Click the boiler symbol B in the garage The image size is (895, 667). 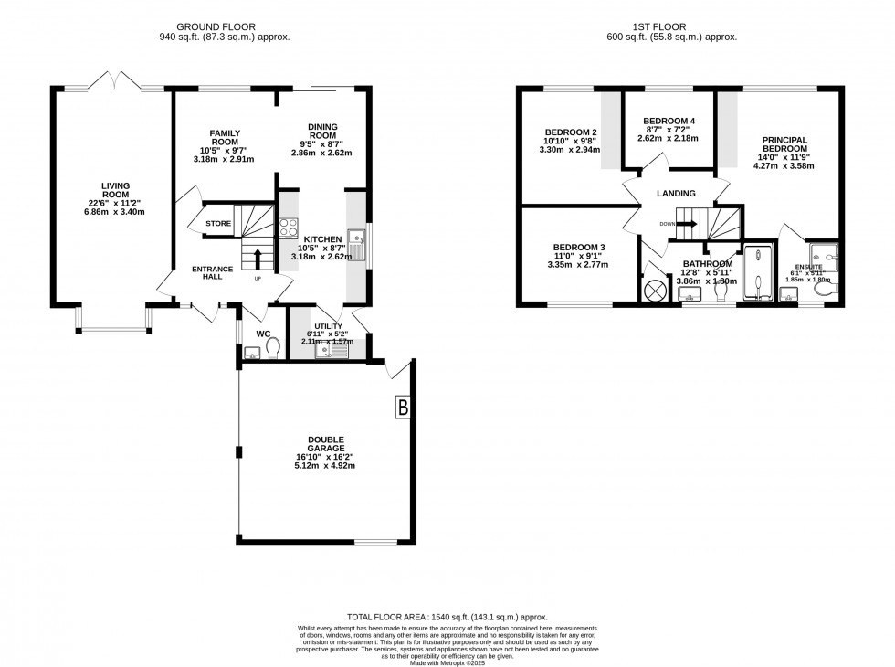[x=403, y=408]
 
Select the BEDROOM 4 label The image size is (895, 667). [x=669, y=122]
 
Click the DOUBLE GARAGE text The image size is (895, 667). [x=326, y=443]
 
